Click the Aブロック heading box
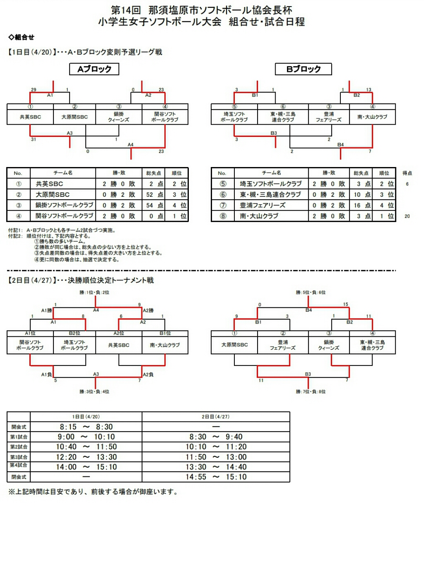[x=94, y=69]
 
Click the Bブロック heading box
[x=303, y=69]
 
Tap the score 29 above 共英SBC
[x=34, y=90]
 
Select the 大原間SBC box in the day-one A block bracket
[x=75, y=117]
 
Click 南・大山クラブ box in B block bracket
[x=372, y=117]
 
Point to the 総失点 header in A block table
[x=154, y=173]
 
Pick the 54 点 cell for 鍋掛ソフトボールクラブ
[x=154, y=205]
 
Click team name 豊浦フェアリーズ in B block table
[x=263, y=205]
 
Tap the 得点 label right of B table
[x=407, y=173]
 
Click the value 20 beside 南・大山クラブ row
[x=407, y=216]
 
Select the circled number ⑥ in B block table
[x=223, y=194]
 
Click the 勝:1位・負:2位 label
[x=94, y=292]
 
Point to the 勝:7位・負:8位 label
[x=311, y=392]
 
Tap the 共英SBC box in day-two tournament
[x=119, y=345]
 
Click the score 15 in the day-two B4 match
[x=345, y=304]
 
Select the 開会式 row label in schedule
[x=18, y=427]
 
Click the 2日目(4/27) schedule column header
[x=216, y=416]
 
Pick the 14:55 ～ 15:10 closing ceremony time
[x=216, y=477]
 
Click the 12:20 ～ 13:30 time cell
[x=86, y=457]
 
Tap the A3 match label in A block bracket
[x=69, y=133]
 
